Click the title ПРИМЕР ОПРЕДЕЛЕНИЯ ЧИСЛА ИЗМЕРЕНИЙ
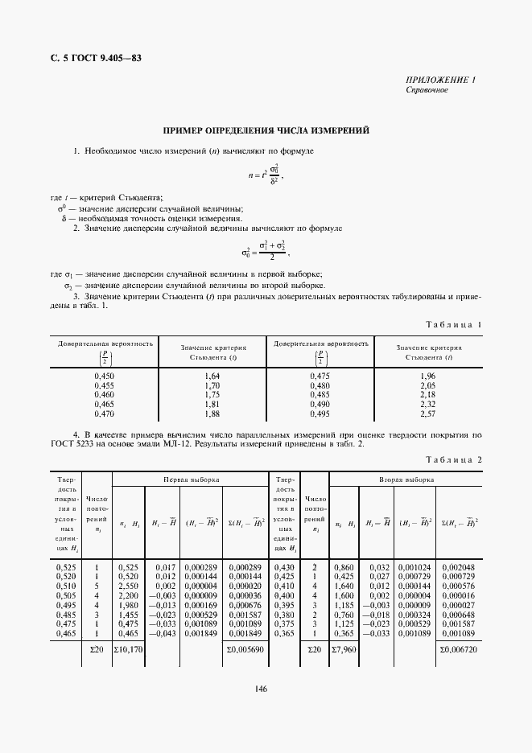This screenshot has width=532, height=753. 266,130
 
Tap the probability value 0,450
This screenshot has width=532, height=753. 105,376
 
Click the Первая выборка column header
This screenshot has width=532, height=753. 191,479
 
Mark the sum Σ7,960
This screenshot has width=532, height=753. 344,648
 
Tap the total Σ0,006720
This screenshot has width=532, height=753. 460,648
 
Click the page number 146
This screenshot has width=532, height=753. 260,688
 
